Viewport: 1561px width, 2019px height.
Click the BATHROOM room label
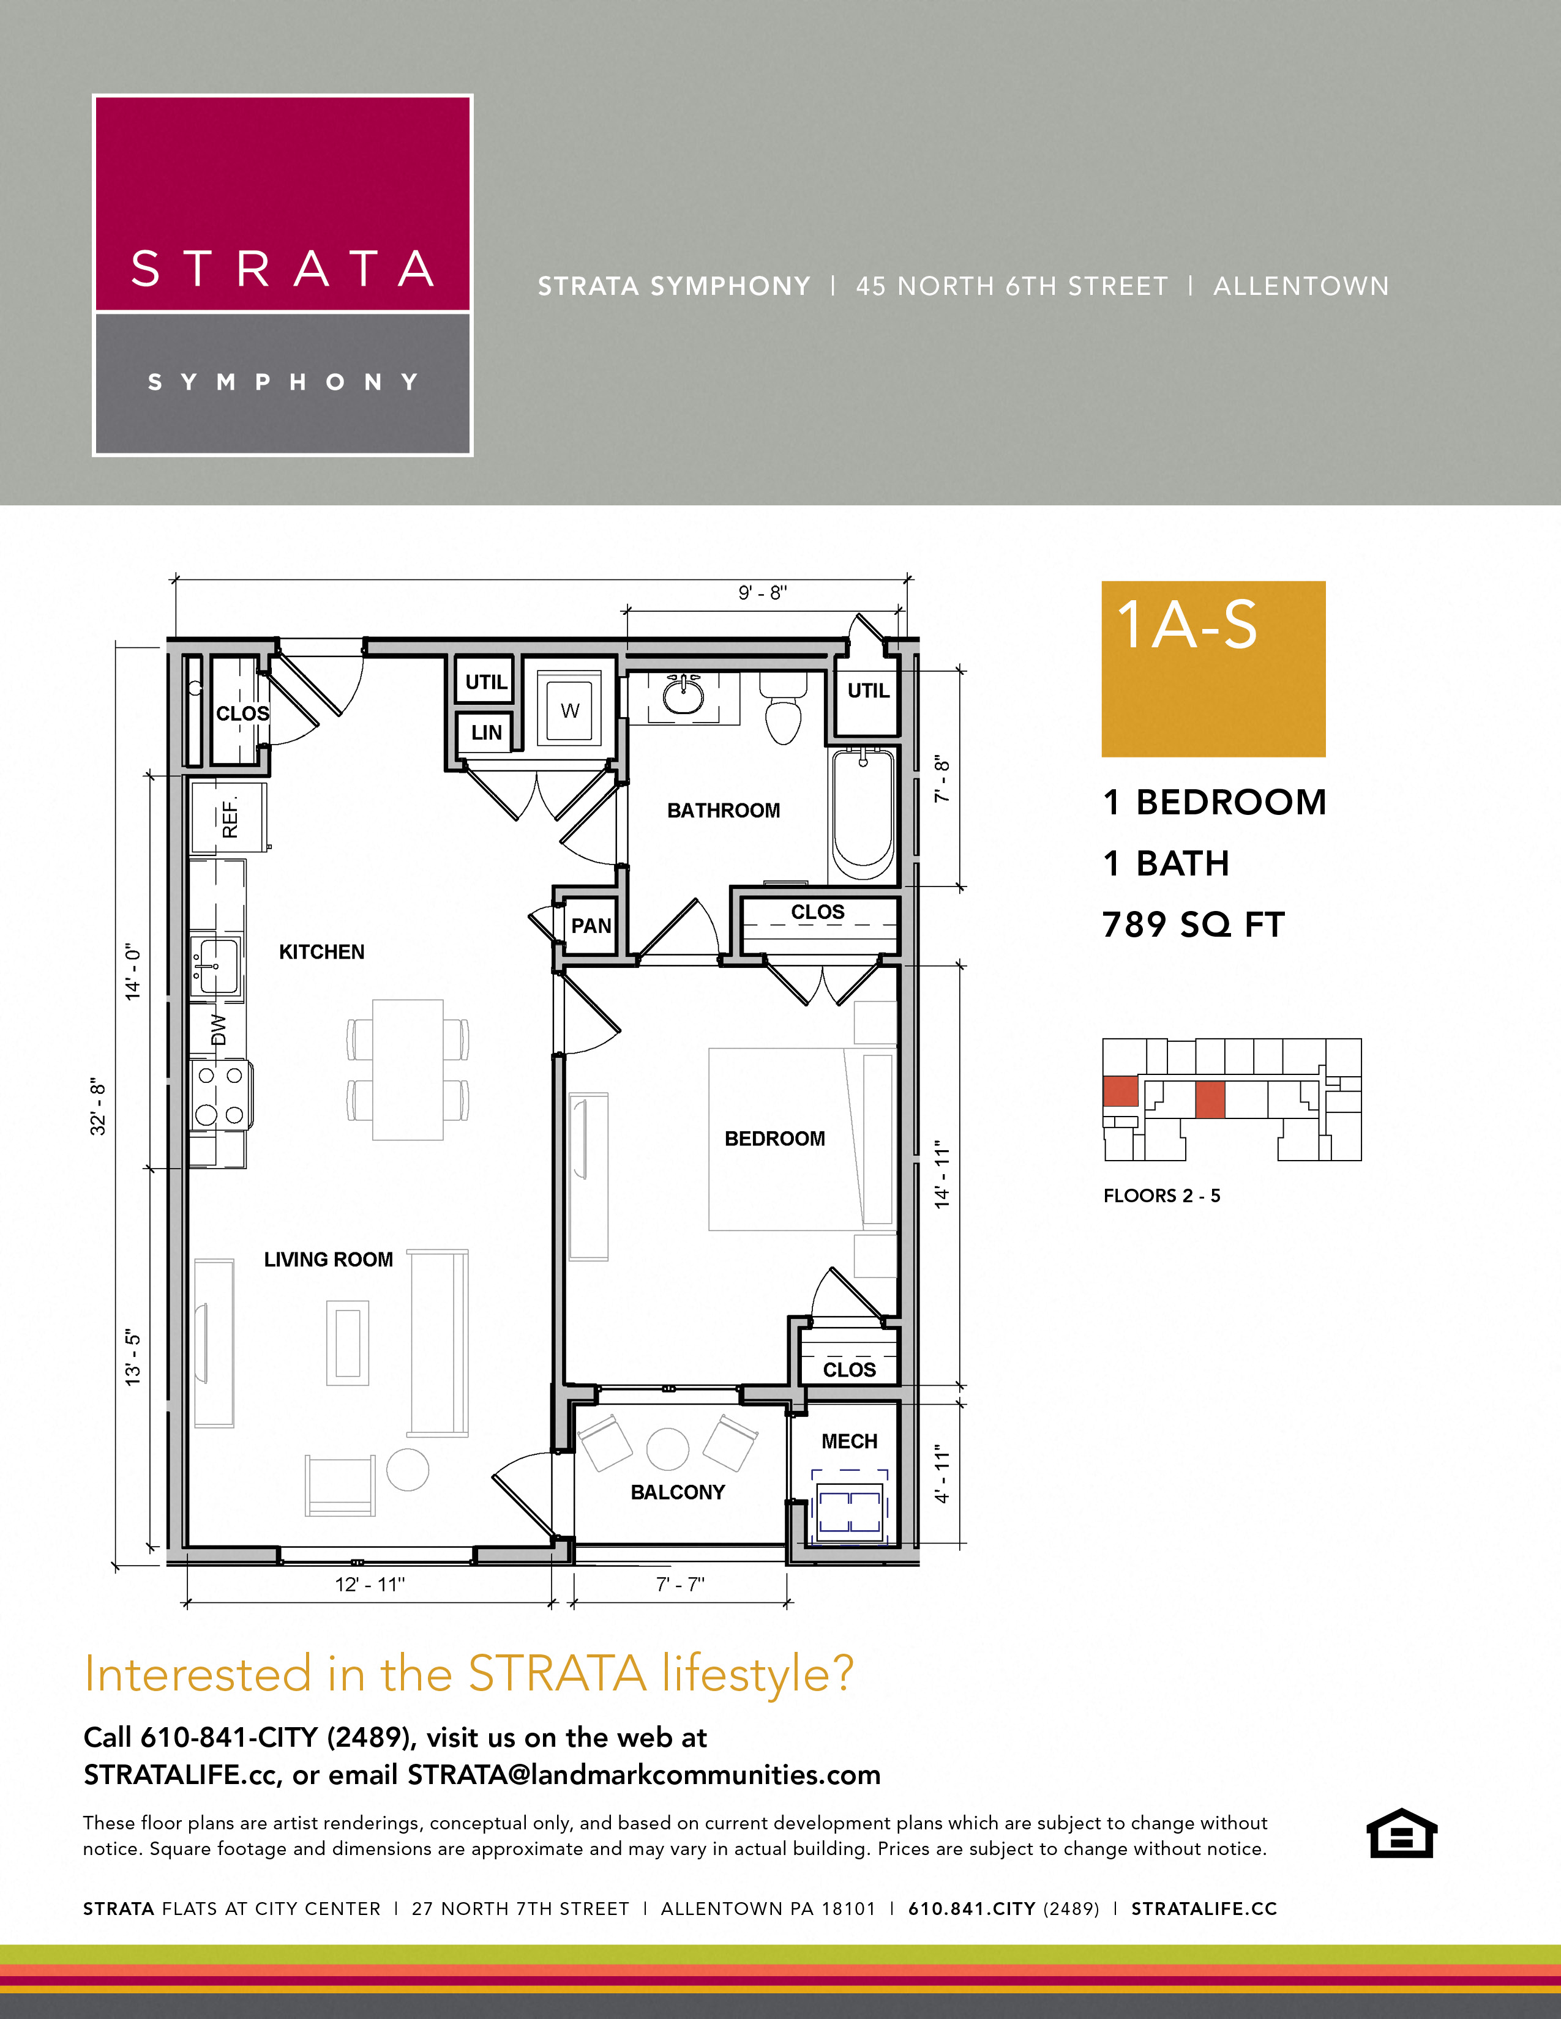point(723,810)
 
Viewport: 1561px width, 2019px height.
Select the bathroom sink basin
point(683,698)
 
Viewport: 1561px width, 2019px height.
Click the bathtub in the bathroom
point(863,814)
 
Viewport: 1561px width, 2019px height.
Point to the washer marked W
point(570,710)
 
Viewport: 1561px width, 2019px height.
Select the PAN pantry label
point(591,925)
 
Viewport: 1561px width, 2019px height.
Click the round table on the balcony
point(668,1449)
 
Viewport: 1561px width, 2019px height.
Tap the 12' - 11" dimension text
point(370,1583)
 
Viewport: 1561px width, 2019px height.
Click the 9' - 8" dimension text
point(762,593)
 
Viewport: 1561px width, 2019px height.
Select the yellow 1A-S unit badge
point(1212,668)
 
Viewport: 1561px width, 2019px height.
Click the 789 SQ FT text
point(1193,924)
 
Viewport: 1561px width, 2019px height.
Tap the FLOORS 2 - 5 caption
point(1161,1195)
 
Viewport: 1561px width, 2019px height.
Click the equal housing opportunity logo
point(1401,1832)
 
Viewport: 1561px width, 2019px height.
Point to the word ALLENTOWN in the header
point(1300,286)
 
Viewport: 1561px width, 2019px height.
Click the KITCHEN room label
point(322,951)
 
